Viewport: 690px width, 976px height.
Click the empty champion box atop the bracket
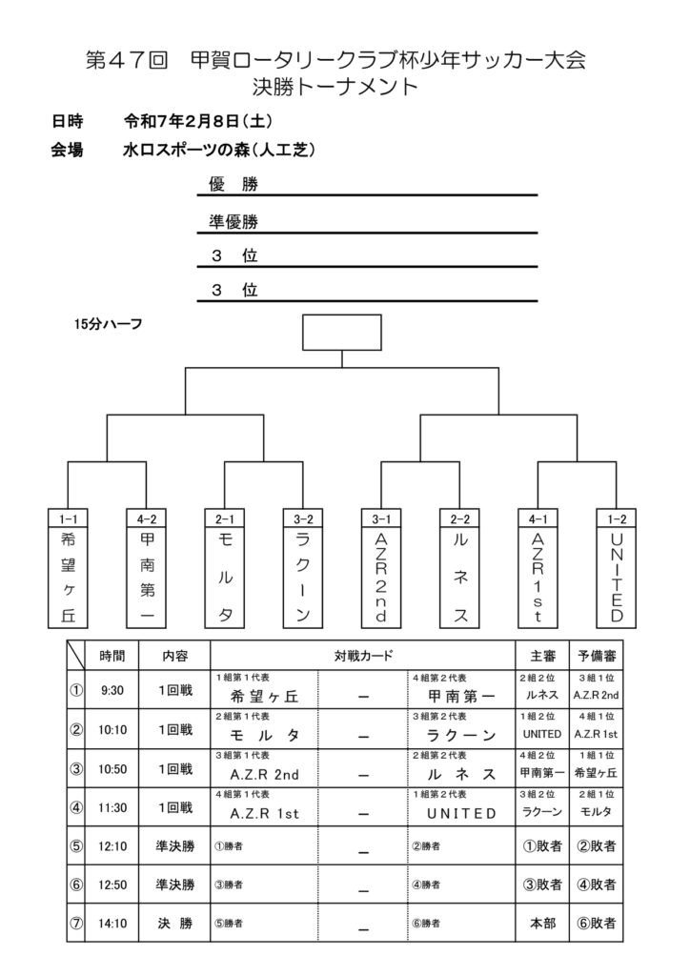tap(341, 333)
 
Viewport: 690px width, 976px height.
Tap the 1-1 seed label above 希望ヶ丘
tap(68, 518)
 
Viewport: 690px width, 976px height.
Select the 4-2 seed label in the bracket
tap(146, 518)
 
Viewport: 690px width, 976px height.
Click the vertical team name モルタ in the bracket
tap(225, 578)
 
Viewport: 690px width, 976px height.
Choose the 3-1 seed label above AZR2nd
tap(381, 518)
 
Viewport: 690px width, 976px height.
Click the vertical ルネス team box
tap(459, 578)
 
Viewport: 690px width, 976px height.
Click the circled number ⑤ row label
tap(75, 844)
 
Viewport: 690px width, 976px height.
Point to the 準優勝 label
tap(233, 221)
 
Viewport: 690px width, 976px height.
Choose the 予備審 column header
tap(597, 656)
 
